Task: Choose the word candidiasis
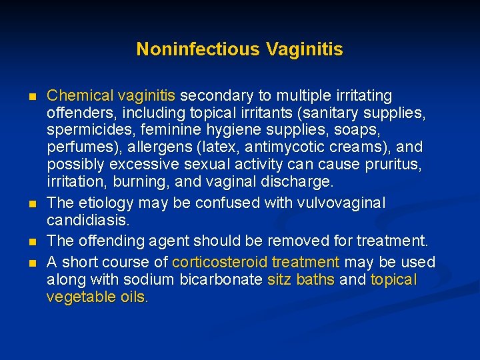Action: pyautogui.click(x=84, y=219)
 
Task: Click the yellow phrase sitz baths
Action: pyautogui.click(x=301, y=279)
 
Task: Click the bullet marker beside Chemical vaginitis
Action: pyautogui.click(x=33, y=97)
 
